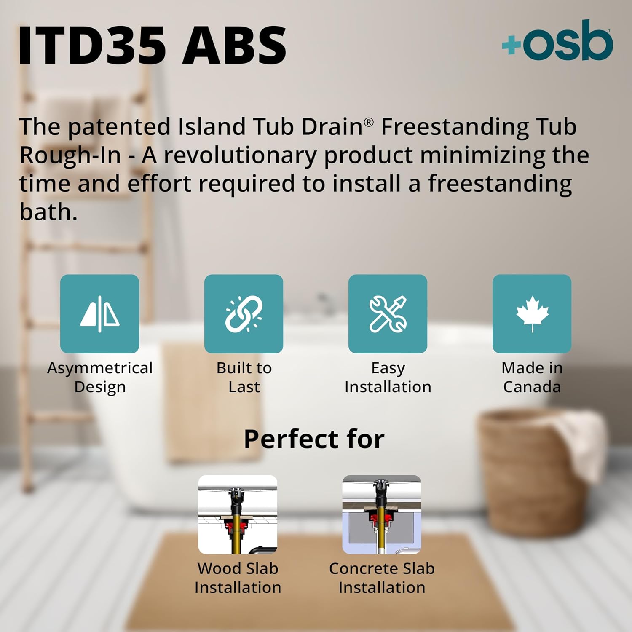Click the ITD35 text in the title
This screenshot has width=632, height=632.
pyautogui.click(x=93, y=45)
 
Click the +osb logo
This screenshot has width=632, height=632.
pyautogui.click(x=557, y=41)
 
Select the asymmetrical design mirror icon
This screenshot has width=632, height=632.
pyautogui.click(x=100, y=314)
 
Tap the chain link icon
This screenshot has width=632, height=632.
pyautogui.click(x=244, y=314)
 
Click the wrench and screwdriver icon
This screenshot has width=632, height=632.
pyautogui.click(x=388, y=314)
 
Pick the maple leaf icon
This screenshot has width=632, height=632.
pyautogui.click(x=532, y=314)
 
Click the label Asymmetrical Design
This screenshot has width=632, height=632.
pyautogui.click(x=100, y=377)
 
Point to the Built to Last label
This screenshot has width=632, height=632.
pyautogui.click(x=244, y=377)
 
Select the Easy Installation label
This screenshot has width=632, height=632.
pyautogui.click(x=388, y=377)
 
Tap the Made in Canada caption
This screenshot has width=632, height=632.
pyautogui.click(x=532, y=377)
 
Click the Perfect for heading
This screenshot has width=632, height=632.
pyautogui.click(x=314, y=439)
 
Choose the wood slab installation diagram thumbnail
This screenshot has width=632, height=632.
pyautogui.click(x=238, y=514)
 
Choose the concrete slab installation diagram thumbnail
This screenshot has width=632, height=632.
pyautogui.click(x=382, y=514)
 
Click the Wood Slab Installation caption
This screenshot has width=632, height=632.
pyautogui.click(x=238, y=578)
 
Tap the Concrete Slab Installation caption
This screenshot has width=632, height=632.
pyautogui.click(x=382, y=578)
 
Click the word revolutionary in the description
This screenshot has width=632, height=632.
pyautogui.click(x=239, y=155)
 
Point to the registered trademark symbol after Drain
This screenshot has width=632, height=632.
pyautogui.click(x=369, y=122)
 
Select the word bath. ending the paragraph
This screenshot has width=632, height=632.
pyautogui.click(x=48, y=212)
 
